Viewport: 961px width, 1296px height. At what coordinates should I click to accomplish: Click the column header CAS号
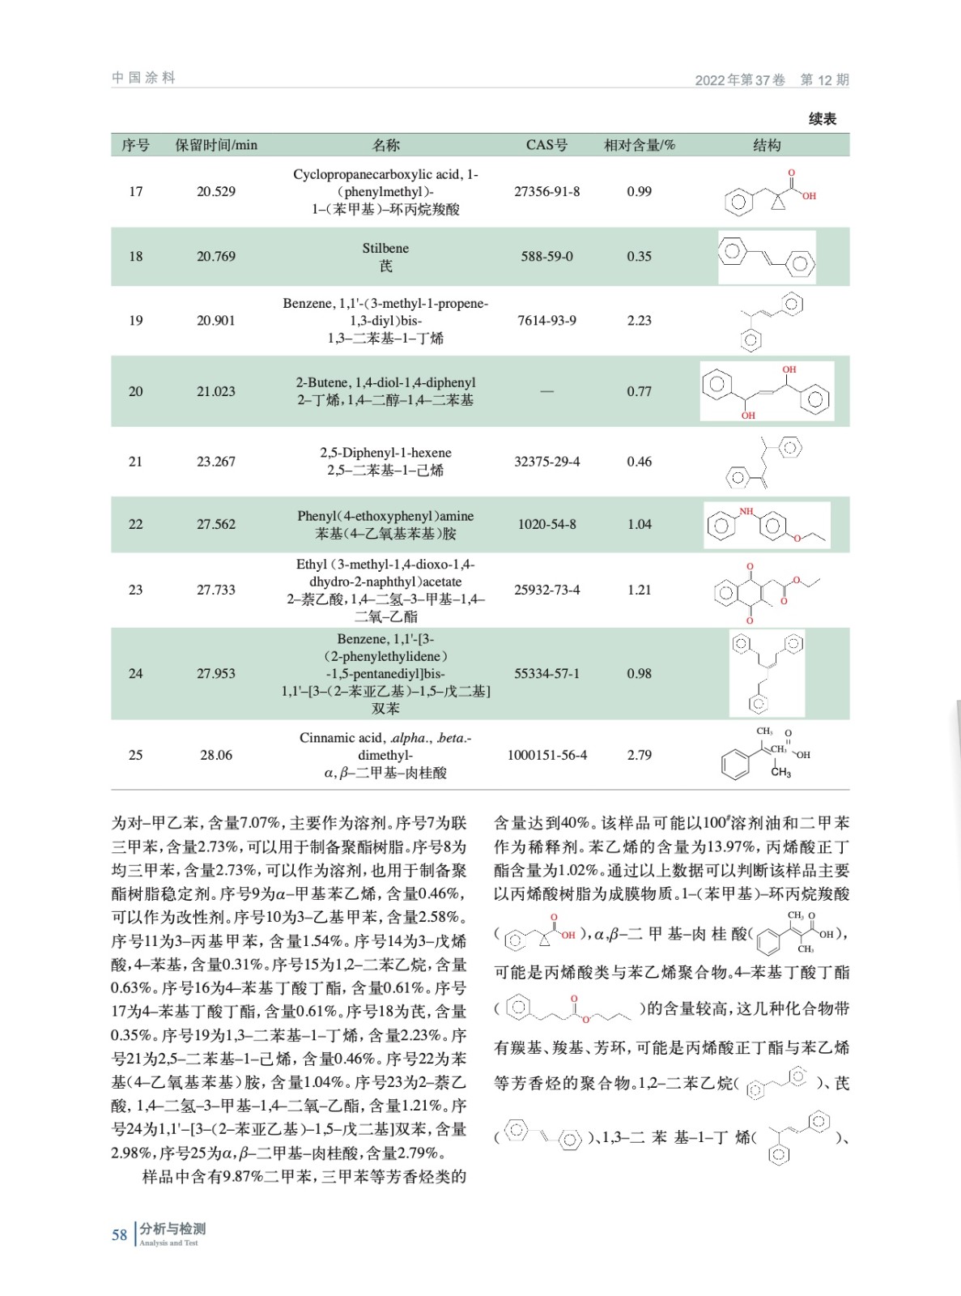click(x=546, y=145)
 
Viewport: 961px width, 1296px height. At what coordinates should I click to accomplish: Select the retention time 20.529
click(x=216, y=192)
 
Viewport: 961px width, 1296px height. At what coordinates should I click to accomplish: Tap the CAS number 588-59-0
click(x=546, y=257)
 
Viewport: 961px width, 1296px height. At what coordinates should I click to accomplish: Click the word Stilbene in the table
click(x=385, y=248)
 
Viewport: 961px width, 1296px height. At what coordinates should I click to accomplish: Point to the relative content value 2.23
click(x=639, y=321)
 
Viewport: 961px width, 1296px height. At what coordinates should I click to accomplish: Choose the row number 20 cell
click(x=135, y=391)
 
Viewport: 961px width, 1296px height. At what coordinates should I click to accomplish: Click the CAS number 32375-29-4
click(x=546, y=462)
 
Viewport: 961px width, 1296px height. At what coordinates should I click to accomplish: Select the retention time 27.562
click(x=216, y=524)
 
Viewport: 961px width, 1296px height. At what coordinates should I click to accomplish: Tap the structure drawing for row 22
click(x=767, y=525)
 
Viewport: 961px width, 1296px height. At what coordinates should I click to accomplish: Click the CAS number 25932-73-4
click(x=546, y=590)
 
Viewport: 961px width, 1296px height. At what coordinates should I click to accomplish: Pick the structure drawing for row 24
click(x=767, y=673)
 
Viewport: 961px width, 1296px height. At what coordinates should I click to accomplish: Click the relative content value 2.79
click(x=639, y=755)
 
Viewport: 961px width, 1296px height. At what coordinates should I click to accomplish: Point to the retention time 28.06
click(x=216, y=755)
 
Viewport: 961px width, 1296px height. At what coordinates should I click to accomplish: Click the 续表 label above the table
click(x=822, y=119)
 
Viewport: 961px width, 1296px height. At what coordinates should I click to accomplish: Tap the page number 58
click(x=119, y=1234)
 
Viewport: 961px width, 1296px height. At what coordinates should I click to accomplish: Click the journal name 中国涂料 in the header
click(x=143, y=78)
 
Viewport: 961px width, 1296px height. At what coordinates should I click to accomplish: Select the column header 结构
click(x=767, y=145)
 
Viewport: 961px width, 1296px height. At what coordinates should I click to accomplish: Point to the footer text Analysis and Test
click(x=168, y=1243)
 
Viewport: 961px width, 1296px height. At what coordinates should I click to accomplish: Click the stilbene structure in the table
click(x=767, y=257)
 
